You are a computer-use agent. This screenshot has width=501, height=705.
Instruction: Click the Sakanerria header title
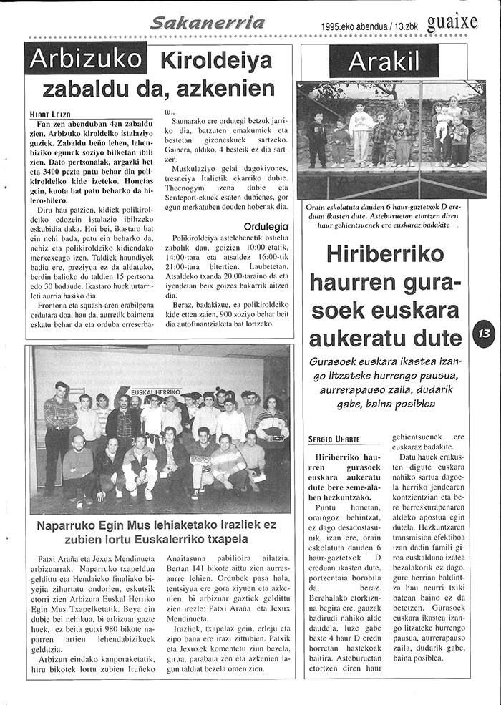click(x=208, y=23)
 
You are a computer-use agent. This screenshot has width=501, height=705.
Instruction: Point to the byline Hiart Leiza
click(x=50, y=114)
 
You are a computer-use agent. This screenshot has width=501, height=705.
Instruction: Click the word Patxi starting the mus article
click(x=48, y=556)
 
